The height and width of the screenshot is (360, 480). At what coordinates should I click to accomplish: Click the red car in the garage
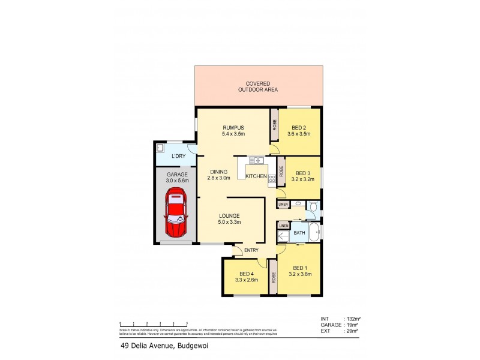pos(176,212)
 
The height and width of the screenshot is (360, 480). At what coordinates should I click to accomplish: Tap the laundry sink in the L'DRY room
pos(160,148)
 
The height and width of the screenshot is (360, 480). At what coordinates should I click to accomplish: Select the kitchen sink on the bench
pos(256,160)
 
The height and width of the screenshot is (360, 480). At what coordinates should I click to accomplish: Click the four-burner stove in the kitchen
pos(272,178)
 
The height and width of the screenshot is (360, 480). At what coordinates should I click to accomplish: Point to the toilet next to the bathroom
pos(313,205)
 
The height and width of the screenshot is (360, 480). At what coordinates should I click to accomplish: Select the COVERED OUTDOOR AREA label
pos(257,86)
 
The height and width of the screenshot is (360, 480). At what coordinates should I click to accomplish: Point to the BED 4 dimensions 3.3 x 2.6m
pos(245,279)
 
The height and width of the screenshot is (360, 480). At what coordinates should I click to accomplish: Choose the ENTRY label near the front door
pos(251,251)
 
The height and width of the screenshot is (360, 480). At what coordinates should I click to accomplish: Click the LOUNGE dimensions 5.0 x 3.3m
pos(229,223)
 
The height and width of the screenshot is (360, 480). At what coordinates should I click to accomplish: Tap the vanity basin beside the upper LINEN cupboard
pos(298,205)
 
